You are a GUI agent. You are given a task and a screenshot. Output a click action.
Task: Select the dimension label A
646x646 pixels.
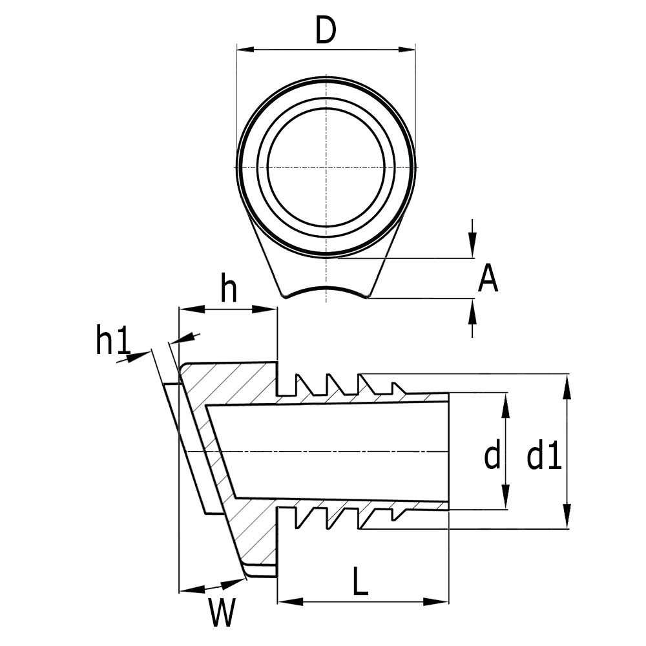coord(488,280)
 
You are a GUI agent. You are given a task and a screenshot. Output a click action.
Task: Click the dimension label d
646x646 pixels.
coord(492,456)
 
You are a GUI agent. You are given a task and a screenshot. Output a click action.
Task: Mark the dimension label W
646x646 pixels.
coord(221,612)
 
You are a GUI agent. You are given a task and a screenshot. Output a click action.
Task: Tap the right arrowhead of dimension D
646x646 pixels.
coord(406,49)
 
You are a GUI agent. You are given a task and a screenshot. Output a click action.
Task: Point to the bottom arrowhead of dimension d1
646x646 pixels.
coord(567,521)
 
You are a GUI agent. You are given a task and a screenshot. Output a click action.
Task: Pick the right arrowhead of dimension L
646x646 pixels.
coord(440,602)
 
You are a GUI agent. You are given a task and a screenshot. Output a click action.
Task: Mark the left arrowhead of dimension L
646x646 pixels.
coord(286,602)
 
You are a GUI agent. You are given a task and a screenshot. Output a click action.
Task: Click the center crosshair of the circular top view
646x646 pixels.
coord(327,167)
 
